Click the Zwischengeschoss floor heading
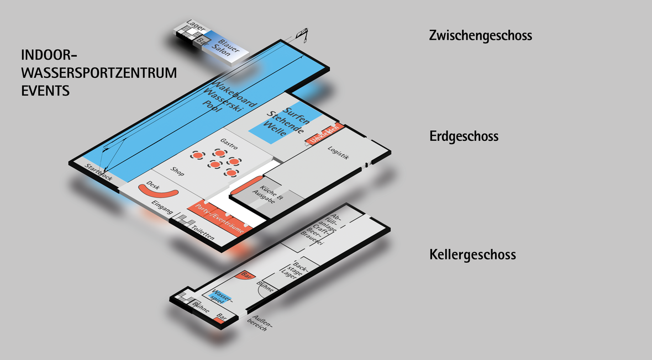coord(480,36)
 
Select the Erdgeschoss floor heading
coord(464,136)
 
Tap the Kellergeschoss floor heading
coord(472,255)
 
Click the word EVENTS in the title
coord(45,91)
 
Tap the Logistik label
coord(339,152)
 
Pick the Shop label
coord(177,172)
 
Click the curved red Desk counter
coord(158,190)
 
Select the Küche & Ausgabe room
coord(267,194)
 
